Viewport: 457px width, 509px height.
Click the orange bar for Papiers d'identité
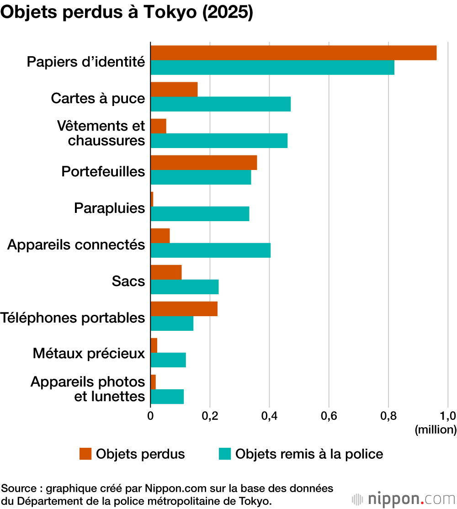[x=293, y=53]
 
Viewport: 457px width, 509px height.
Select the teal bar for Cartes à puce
[x=221, y=104]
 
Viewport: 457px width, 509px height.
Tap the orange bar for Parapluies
[x=152, y=199]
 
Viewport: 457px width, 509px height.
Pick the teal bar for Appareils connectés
[x=211, y=250]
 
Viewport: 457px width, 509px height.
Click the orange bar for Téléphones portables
[x=184, y=309]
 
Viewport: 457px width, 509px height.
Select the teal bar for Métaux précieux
[x=168, y=360]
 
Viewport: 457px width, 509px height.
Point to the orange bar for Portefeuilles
[x=204, y=163]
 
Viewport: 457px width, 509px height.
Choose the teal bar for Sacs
[x=185, y=287]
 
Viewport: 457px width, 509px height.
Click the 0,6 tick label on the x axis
[x=329, y=416]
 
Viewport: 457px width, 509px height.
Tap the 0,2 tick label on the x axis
[x=210, y=416]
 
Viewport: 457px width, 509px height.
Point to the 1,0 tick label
[x=448, y=416]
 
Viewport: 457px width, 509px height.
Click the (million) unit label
[x=436, y=430]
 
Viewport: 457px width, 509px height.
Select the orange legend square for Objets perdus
[x=85, y=454]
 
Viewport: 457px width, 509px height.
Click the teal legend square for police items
[x=225, y=454]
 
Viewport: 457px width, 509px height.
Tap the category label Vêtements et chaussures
[x=101, y=133]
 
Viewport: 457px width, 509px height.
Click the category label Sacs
[x=128, y=281]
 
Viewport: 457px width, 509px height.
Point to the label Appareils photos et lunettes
[x=88, y=389]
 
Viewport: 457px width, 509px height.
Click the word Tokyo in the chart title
[x=170, y=12]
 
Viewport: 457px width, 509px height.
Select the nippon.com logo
[x=404, y=499]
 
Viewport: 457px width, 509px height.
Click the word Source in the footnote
[x=19, y=488]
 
